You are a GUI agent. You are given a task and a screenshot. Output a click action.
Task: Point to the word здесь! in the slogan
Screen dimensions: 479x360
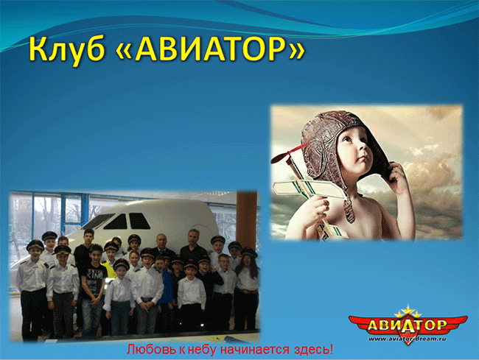[314, 349]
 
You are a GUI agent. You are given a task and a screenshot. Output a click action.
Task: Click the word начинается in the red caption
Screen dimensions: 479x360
[255, 350]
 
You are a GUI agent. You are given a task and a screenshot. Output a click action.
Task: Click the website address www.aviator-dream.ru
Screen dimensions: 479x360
[408, 339]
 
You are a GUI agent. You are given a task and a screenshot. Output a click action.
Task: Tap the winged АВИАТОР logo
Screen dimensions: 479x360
[408, 325]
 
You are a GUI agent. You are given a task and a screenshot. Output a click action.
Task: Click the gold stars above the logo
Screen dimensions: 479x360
[408, 311]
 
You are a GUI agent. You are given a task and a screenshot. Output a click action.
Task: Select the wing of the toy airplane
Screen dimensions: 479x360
[310, 188]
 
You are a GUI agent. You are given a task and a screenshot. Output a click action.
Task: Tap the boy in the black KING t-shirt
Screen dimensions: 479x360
[93, 290]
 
